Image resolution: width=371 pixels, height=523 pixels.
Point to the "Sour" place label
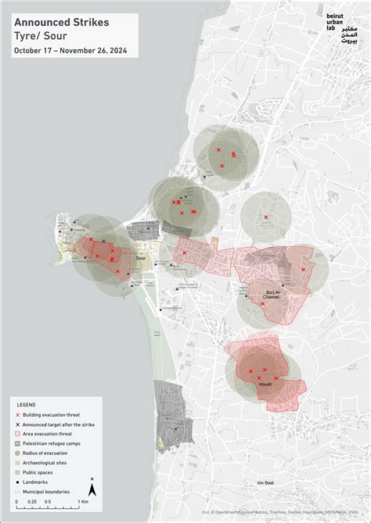pyautogui.click(x=141, y=257)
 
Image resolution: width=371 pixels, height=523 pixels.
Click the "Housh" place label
pyautogui.click(x=265, y=384)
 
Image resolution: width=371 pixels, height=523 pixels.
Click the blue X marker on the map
pyautogui.click(x=103, y=242)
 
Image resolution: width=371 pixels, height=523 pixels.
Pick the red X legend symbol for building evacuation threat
pyautogui.click(x=18, y=414)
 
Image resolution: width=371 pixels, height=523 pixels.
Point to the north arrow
pyautogui.click(x=92, y=488)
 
